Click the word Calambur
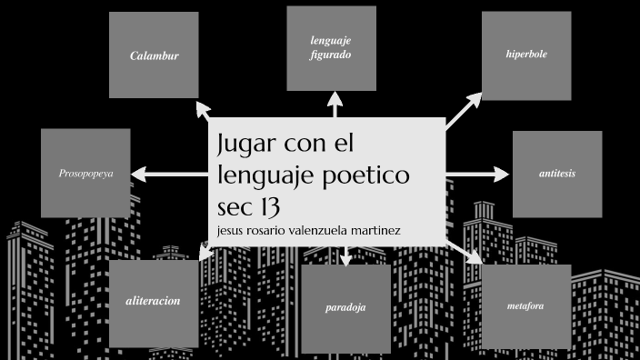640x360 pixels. pos(154,55)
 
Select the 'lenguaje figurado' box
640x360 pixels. pos(331,48)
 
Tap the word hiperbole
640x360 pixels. pos(526,55)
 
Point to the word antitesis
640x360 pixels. pos(556,173)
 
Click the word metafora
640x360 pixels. pos(525,306)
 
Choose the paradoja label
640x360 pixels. pos(345,307)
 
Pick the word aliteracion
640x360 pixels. pos(153,301)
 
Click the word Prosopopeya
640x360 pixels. pos(85,172)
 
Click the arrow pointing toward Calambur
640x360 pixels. pos(202,112)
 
